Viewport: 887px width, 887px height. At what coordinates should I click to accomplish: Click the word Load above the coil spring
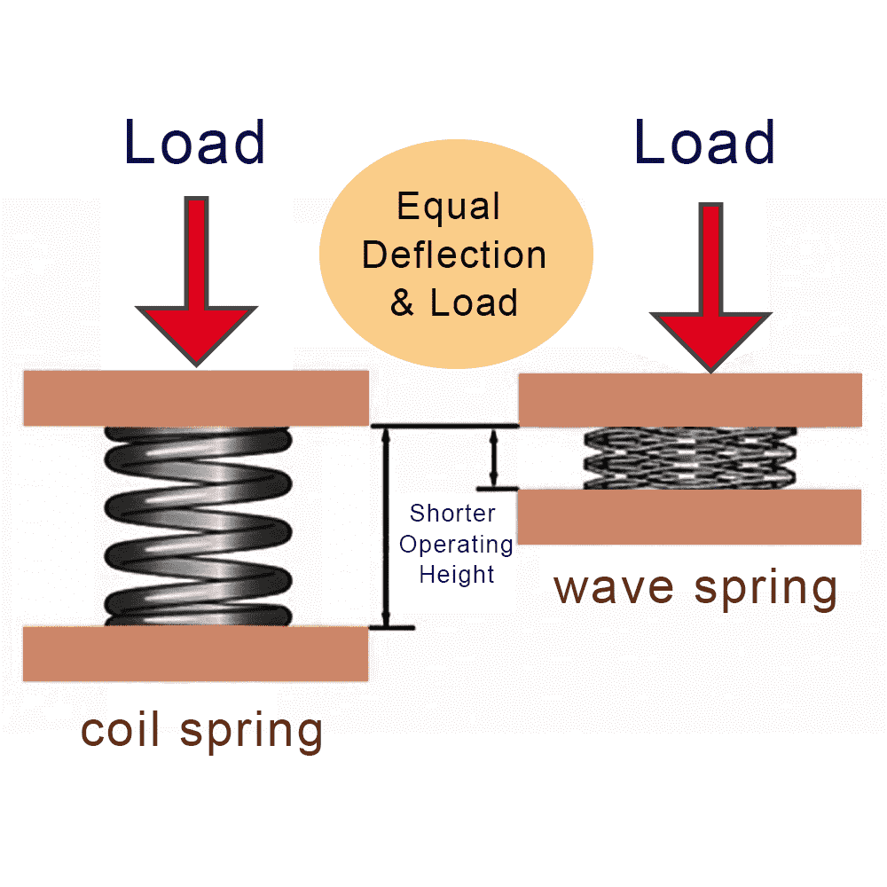[x=195, y=142]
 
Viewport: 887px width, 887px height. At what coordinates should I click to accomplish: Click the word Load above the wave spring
[x=705, y=142]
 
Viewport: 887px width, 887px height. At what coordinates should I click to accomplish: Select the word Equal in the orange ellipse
[x=449, y=207]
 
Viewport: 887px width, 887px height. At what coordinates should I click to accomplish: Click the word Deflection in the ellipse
[x=454, y=255]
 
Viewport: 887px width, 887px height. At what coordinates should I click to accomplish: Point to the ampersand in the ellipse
[x=402, y=303]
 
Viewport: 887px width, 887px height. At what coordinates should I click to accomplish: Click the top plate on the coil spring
[x=195, y=397]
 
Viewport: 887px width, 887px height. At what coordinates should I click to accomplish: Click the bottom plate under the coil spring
[x=195, y=654]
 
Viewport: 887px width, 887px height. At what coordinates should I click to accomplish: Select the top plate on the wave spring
[x=690, y=400]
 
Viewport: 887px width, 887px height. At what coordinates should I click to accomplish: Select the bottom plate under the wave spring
[x=690, y=516]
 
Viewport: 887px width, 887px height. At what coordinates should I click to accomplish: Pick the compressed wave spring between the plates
[x=690, y=458]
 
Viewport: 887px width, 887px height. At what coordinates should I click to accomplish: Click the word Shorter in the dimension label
[x=452, y=514]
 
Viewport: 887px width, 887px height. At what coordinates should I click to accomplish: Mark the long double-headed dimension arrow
[x=385, y=527]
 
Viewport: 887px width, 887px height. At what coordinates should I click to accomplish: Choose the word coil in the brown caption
[x=123, y=730]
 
